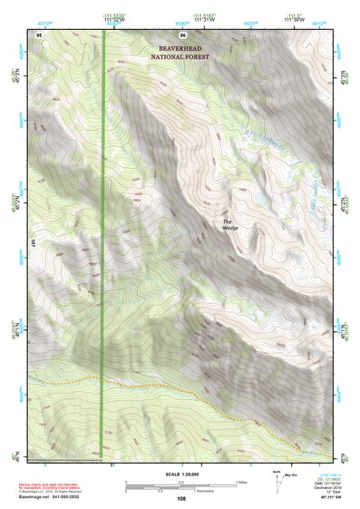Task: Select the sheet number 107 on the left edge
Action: (x=32, y=243)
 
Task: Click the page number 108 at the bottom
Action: (x=181, y=498)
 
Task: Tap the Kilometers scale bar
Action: (x=159, y=489)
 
